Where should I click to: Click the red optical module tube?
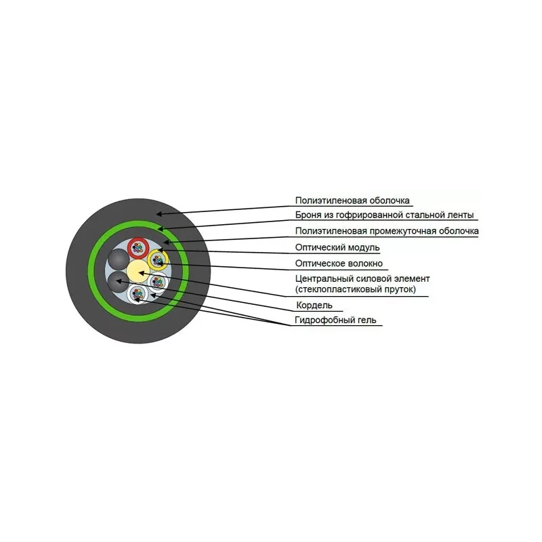(138, 248)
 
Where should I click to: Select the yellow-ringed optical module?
(158, 259)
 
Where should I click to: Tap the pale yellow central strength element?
(138, 271)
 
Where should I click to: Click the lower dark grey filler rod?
(118, 282)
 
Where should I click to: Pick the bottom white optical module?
(138, 294)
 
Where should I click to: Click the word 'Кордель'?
(314, 306)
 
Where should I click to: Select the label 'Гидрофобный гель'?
(335, 320)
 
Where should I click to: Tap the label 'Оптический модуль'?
(337, 247)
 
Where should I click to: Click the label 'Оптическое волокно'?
(339, 264)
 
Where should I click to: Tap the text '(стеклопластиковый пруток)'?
(356, 289)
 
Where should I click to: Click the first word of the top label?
(331, 201)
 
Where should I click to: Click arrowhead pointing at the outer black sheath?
(159, 214)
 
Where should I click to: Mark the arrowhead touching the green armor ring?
(161, 228)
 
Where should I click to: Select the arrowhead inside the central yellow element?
(142, 273)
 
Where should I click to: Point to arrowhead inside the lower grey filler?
(119, 281)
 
